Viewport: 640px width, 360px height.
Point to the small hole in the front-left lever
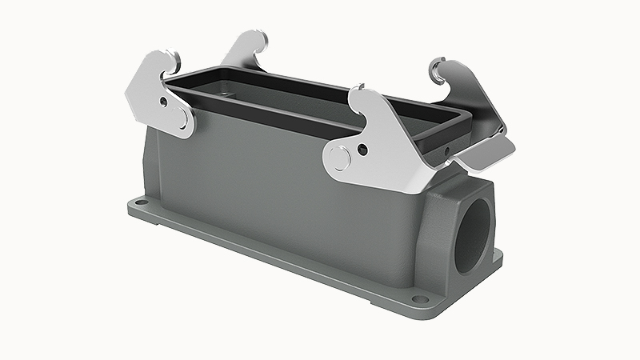(x=164, y=102)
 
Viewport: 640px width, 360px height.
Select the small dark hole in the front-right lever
(x=363, y=150)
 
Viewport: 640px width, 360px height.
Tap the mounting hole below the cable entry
(x=417, y=302)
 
